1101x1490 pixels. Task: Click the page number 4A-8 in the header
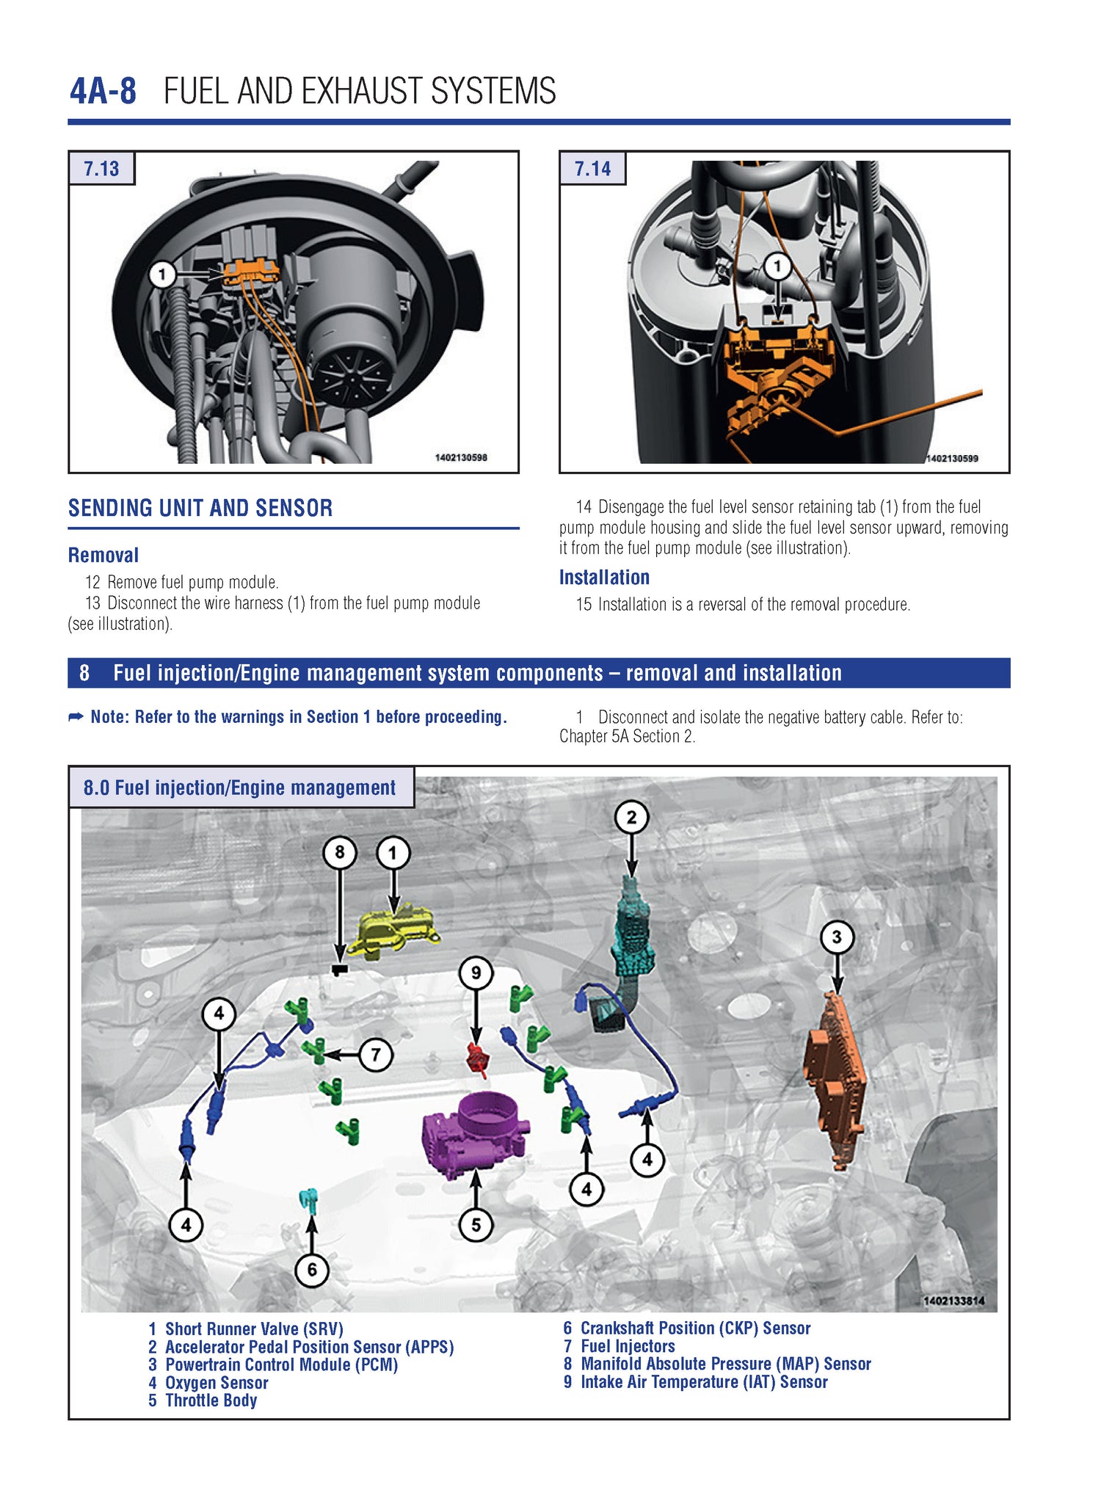pos(103,92)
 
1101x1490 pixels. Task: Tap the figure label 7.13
pos(101,169)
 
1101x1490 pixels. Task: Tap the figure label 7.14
pos(592,169)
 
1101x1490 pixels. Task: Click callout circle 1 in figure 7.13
pos(162,275)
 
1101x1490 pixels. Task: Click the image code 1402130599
pos(951,458)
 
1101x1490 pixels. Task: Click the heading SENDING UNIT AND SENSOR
pos(200,508)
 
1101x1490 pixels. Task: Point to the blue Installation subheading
pos(604,578)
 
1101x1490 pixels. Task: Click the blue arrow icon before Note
pos(76,716)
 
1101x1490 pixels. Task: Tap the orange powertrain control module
pos(837,1079)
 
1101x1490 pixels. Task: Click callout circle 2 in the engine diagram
pos(631,817)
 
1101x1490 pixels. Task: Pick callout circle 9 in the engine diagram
pos(476,973)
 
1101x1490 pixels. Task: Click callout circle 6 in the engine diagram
pos(312,1269)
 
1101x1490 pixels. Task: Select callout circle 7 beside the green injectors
pos(376,1055)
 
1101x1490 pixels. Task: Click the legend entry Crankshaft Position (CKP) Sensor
pos(695,1328)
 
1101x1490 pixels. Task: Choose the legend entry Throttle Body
pos(211,1400)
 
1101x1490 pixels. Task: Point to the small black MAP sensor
pos(339,970)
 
